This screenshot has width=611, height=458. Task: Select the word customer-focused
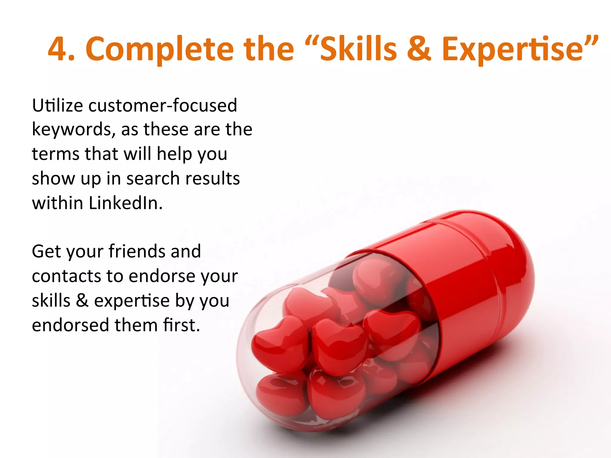pos(163,106)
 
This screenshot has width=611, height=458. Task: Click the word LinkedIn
pos(125,203)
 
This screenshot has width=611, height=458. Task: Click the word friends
pos(137,251)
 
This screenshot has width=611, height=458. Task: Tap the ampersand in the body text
pos(82,301)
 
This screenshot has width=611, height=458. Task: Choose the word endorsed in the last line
pos(70,325)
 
